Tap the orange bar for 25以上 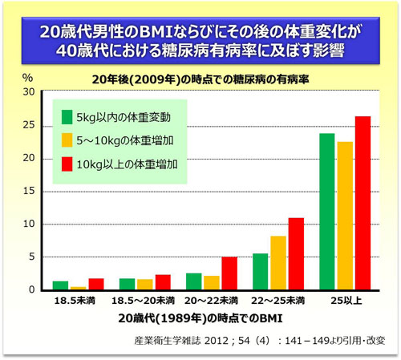tap(345, 216)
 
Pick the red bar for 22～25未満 tap(297, 253)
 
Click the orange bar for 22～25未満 tap(278, 262)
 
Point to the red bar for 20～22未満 tap(229, 273)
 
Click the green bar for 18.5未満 tap(60, 285)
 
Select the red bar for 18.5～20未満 tap(163, 282)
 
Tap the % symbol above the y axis tap(28, 78)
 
